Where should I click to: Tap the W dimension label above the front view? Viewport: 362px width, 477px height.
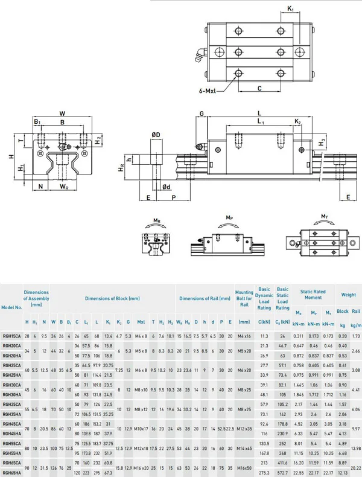point(62,113)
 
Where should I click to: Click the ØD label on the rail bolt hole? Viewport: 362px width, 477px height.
point(155,134)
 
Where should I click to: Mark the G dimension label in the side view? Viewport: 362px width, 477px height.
point(202,113)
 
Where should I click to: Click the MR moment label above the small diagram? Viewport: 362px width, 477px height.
point(156,220)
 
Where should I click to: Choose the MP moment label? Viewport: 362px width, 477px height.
point(229,217)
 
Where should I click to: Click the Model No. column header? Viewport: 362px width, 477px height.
point(11,307)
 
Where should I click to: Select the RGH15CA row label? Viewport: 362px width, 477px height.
point(11,335)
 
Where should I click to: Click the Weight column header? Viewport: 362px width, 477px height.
point(348,295)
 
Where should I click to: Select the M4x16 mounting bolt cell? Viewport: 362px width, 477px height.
point(244,335)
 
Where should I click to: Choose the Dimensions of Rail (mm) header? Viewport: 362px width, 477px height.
point(205,298)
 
